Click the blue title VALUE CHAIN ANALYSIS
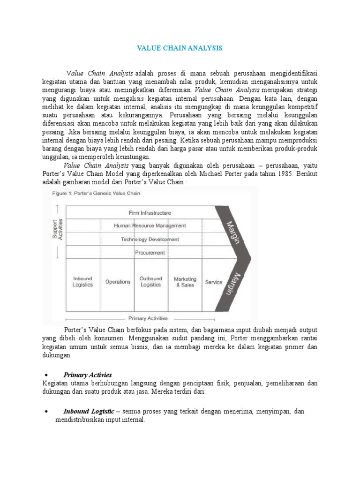[179, 48]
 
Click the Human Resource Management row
[150, 225]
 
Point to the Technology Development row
[150, 239]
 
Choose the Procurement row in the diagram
[150, 253]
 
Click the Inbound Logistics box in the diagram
[82, 282]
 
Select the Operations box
[118, 282]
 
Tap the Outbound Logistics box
[150, 282]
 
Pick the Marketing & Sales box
[185, 282]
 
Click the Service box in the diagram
[214, 282]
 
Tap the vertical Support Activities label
[57, 230]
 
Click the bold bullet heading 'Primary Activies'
[88, 375]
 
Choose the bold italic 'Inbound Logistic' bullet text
[89, 411]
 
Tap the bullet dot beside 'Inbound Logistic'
[46, 412]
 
